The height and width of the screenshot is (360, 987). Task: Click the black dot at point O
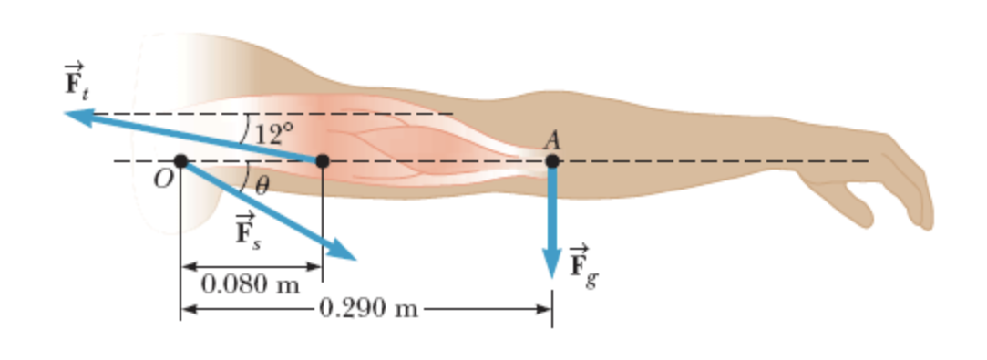[180, 161]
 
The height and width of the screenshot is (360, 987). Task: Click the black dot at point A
[552, 161]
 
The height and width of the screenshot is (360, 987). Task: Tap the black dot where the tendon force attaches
[322, 161]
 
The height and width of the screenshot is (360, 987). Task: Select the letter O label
[161, 180]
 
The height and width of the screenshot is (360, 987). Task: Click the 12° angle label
[273, 134]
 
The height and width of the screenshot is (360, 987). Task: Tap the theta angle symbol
[262, 186]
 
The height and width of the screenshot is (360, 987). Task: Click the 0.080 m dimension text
[251, 284]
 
